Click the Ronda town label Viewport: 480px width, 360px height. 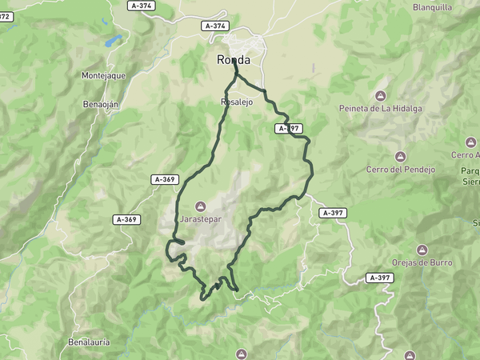coord(234,60)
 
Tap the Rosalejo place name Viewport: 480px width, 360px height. coord(237,102)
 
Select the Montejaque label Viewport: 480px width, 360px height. coord(104,75)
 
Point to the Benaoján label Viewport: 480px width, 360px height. coord(102,104)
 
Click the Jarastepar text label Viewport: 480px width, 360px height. coord(199,217)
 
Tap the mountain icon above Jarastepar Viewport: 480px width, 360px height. coord(199,206)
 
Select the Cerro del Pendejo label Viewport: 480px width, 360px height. coord(400,169)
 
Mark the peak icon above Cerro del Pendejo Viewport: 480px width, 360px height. coord(400,157)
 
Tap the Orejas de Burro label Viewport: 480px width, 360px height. coord(422,262)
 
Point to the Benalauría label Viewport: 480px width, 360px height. coord(89,342)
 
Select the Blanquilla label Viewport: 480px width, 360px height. coord(433,7)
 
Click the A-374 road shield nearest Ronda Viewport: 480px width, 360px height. coord(214,26)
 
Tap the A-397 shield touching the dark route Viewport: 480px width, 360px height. coord(289,128)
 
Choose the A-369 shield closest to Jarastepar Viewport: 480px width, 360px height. coord(164,180)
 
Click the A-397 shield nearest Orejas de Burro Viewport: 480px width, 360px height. coord(380,278)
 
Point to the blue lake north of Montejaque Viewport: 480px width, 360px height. coord(113,40)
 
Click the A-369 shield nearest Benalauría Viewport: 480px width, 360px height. coord(126,219)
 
